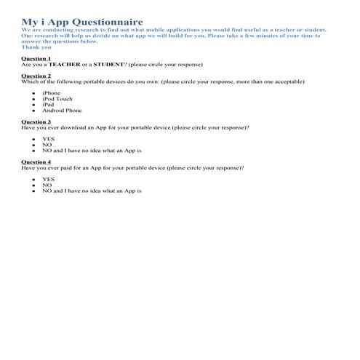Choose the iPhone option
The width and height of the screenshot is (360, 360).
pos(51,93)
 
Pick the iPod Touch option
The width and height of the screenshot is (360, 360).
pos(57,99)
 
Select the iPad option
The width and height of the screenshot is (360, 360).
pos(48,105)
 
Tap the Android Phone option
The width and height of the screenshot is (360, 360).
pos(62,111)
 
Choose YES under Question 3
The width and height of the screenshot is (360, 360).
pos(48,139)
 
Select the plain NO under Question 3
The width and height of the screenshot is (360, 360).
pos(47,145)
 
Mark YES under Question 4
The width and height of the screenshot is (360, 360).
pos(48,179)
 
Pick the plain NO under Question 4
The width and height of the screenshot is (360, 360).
pos(47,185)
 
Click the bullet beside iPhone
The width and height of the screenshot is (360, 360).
pos(34,94)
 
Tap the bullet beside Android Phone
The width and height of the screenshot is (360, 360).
pos(34,111)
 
